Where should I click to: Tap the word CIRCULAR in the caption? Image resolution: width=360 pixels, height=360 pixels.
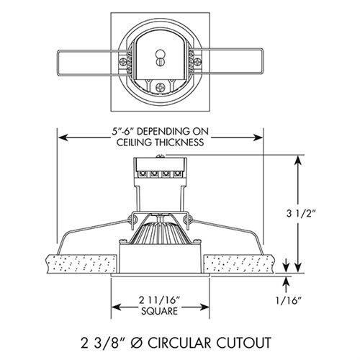[182, 336]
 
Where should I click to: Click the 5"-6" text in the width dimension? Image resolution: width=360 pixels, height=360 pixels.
[119, 131]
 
